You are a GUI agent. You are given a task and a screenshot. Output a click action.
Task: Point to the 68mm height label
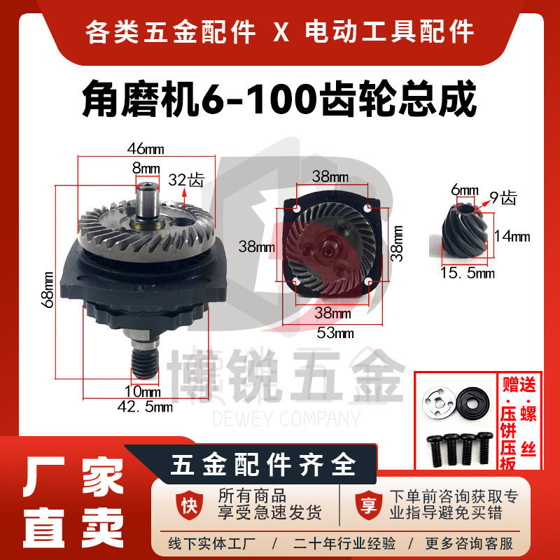pyautogui.click(x=48, y=288)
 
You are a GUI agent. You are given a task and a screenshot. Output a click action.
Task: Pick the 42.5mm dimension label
pyautogui.click(x=145, y=405)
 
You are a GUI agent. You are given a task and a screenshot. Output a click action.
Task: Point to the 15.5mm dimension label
pyautogui.click(x=470, y=273)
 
